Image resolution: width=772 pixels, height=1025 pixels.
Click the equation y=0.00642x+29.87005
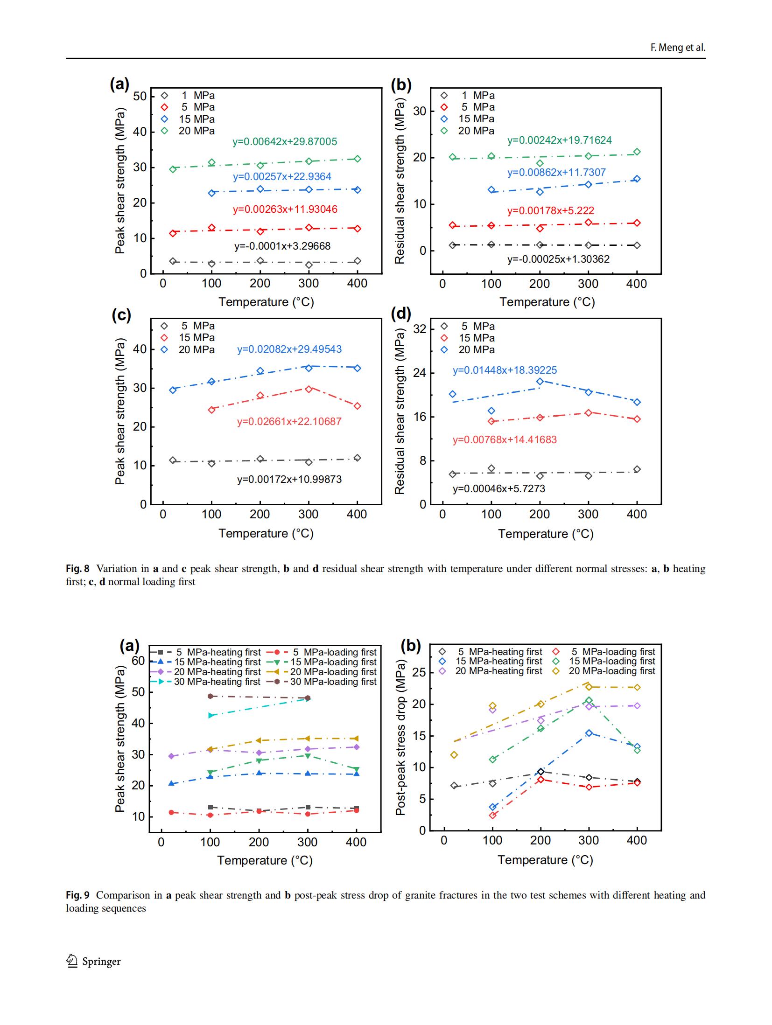[x=285, y=142]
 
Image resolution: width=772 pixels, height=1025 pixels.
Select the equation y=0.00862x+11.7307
[x=556, y=173]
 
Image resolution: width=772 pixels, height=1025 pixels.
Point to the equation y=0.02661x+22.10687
[x=289, y=422]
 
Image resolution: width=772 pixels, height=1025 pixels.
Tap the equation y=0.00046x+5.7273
[x=498, y=489]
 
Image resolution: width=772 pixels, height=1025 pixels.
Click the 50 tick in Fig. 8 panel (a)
[x=140, y=97]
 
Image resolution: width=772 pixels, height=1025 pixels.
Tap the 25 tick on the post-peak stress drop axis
[x=419, y=673]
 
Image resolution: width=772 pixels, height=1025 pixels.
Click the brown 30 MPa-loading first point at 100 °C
[x=210, y=696]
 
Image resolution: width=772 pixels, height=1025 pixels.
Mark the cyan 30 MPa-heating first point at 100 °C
[x=210, y=715]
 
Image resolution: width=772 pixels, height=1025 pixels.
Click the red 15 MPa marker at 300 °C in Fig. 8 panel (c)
[x=309, y=389]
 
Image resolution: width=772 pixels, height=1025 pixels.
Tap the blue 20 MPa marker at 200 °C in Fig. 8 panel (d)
[x=540, y=381]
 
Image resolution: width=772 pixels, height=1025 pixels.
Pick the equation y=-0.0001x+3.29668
[x=282, y=246]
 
